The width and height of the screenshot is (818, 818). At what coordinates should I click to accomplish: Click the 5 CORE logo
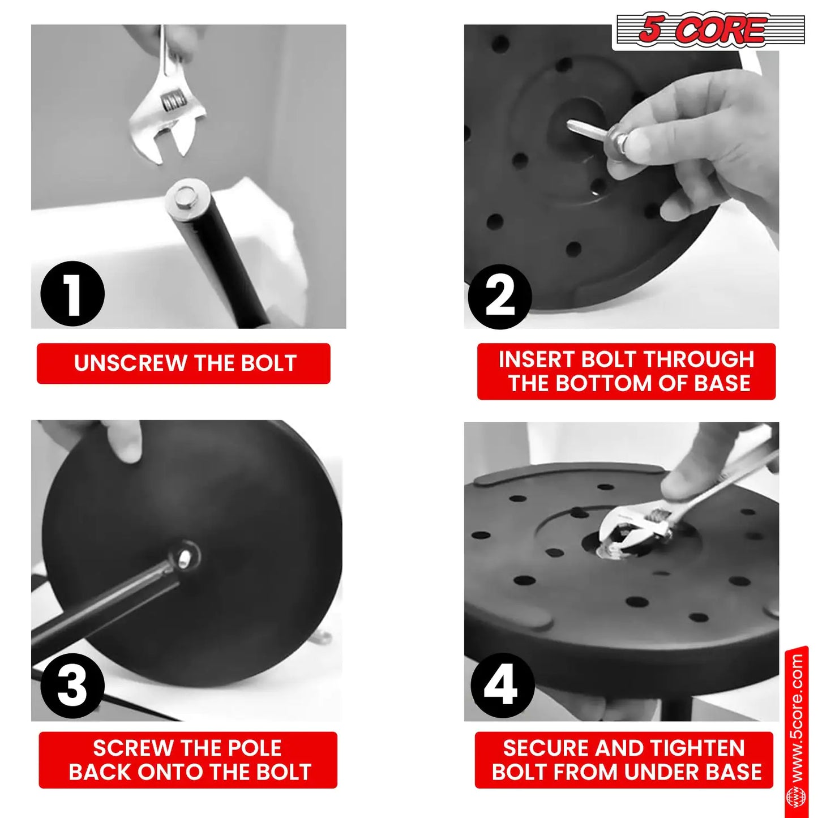point(708,31)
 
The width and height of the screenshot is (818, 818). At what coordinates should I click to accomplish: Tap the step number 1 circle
point(72,294)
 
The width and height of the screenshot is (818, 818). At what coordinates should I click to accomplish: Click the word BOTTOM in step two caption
point(605,383)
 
